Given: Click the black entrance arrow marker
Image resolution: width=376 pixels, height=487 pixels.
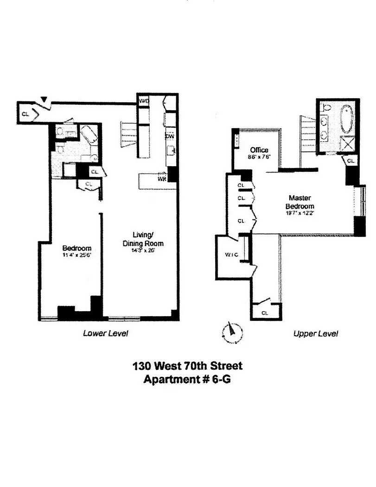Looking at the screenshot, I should coord(44,99).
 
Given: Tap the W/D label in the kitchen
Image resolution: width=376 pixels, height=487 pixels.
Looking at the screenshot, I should coord(143,101).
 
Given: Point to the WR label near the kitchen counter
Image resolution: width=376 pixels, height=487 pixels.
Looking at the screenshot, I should coord(162,178).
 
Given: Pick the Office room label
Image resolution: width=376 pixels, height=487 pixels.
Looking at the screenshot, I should coord(259,150).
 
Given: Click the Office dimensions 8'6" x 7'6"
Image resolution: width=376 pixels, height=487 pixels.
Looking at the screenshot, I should coord(259,157).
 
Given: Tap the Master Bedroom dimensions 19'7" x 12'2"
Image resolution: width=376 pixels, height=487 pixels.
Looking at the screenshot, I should coord(300,213).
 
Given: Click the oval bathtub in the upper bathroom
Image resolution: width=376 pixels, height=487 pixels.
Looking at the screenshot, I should coord(345,120).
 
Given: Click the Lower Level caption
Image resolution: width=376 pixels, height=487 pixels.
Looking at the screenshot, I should coord(105,333).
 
